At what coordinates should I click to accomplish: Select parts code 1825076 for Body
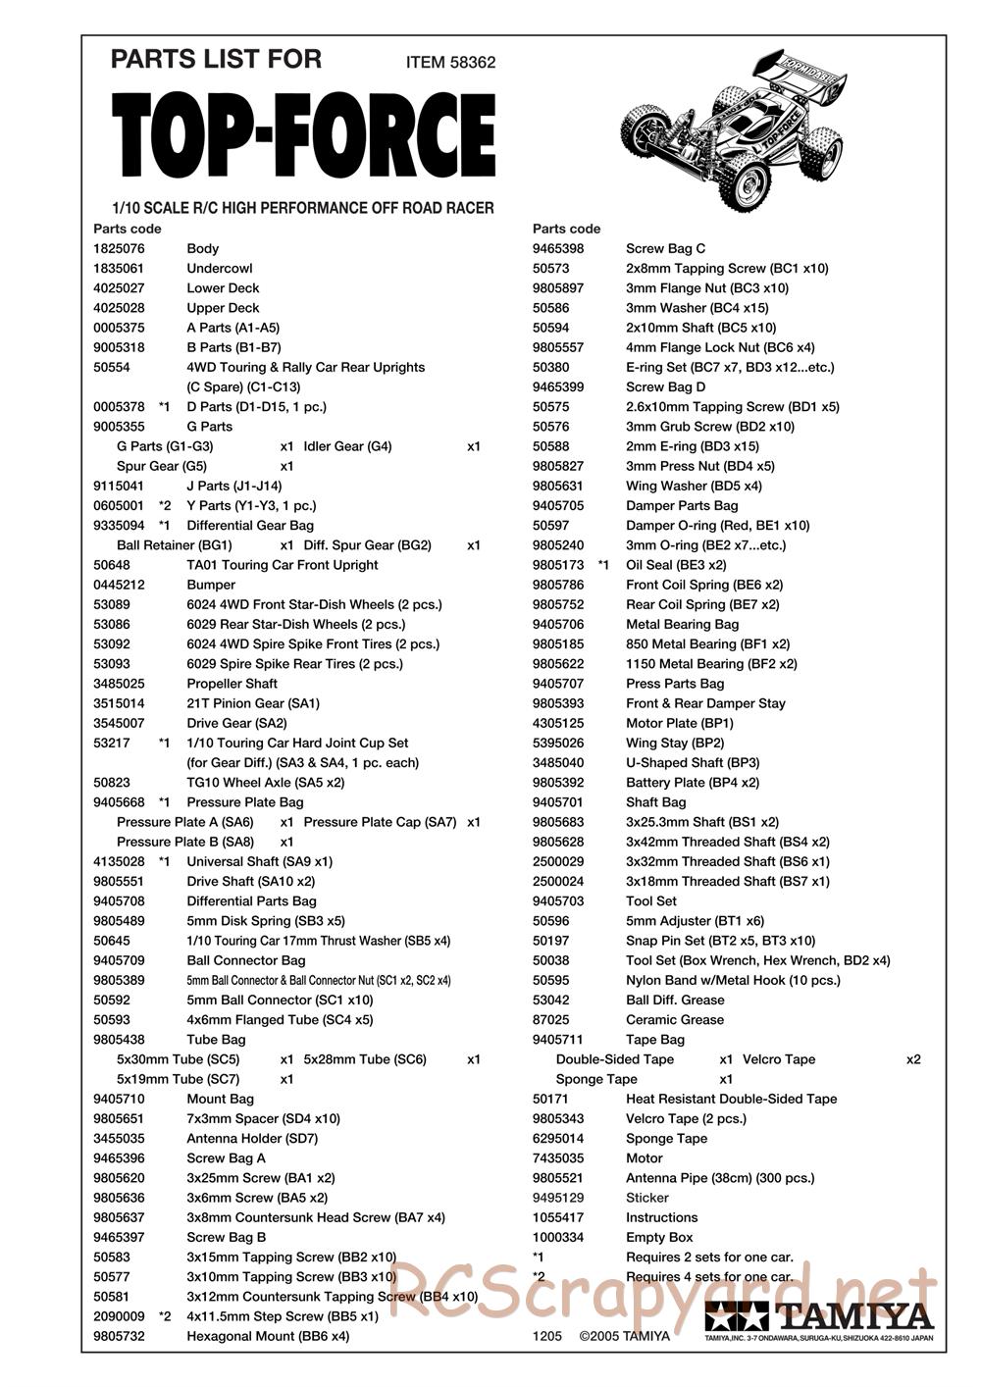point(118,249)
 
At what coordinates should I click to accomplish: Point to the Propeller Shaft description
point(232,684)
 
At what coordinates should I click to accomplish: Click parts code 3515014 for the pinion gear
point(118,703)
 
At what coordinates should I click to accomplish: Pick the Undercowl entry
point(219,269)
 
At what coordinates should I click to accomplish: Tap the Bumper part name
point(211,585)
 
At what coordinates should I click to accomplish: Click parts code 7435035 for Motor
point(557,1158)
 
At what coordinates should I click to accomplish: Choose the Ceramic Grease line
point(674,1020)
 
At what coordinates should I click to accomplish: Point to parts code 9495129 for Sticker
point(557,1198)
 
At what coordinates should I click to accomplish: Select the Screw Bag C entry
point(665,249)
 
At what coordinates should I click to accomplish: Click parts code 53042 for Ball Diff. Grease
point(550,1001)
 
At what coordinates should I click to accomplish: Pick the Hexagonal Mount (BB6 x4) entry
point(268,1336)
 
